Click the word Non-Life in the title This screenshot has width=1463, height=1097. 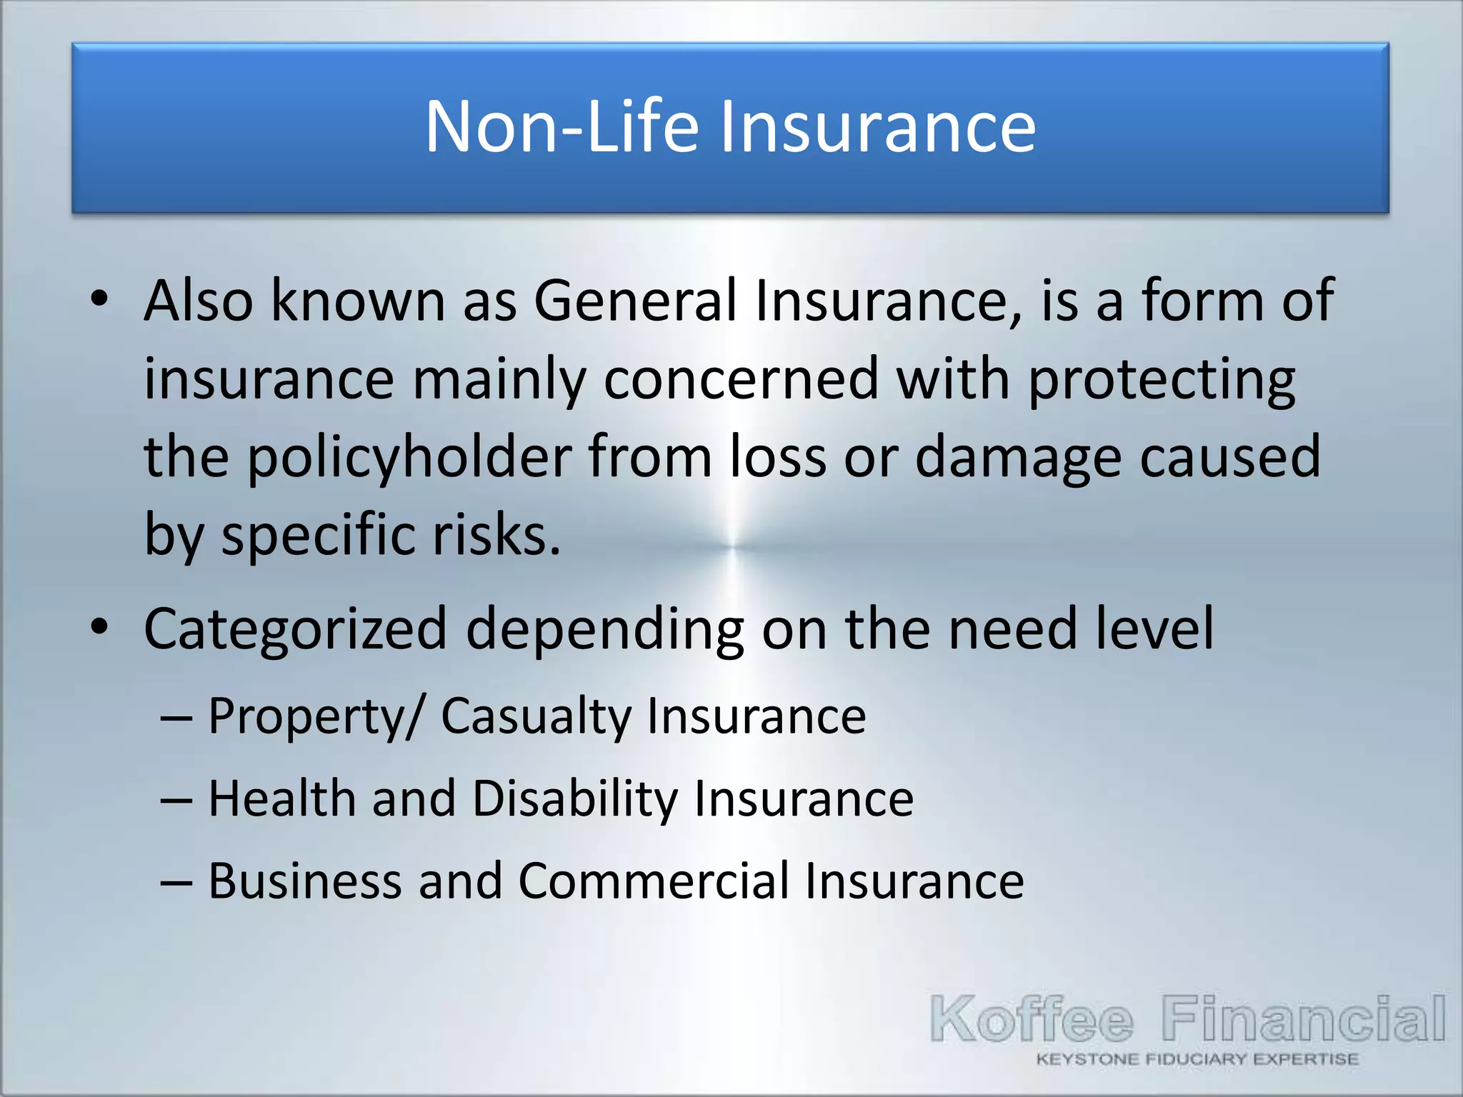561,127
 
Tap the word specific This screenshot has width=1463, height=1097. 318,536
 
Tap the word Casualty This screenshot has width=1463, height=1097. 536,717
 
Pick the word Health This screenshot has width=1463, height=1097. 282,798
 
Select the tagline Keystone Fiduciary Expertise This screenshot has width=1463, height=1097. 1197,1059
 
